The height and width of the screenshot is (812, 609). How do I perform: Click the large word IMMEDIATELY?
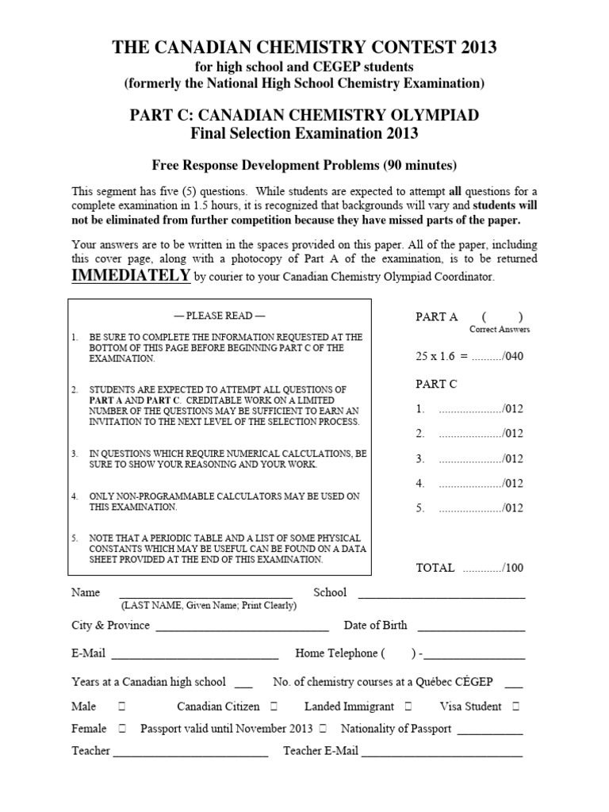pyautogui.click(x=131, y=275)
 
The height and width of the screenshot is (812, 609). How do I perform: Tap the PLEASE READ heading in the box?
pyautogui.click(x=220, y=316)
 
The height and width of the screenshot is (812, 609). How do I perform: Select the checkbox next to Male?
pyautogui.click(x=122, y=707)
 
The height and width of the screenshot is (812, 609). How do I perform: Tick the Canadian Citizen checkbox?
pyautogui.click(x=274, y=707)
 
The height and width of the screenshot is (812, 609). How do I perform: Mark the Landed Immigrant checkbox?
pyautogui.click(x=408, y=707)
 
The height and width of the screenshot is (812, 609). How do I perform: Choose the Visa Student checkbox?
pyautogui.click(x=515, y=707)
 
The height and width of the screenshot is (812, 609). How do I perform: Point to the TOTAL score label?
pyautogui.click(x=435, y=568)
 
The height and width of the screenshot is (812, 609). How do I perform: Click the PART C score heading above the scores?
pyautogui.click(x=436, y=384)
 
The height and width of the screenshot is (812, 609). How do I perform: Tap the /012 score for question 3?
pyautogui.click(x=512, y=459)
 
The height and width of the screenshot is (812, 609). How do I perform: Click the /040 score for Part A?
pyautogui.click(x=512, y=357)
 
